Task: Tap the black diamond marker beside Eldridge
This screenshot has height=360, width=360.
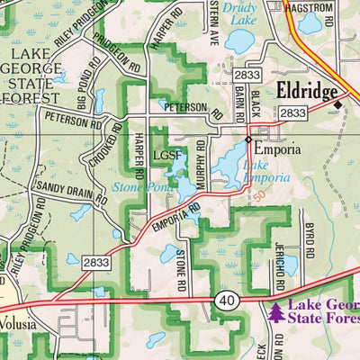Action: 337,105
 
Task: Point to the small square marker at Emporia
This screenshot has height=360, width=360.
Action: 248,140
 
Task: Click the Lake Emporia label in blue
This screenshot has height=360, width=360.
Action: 266,171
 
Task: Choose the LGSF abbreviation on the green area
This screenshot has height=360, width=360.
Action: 166,157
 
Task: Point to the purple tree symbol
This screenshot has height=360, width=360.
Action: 274,313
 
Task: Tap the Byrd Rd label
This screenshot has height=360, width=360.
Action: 308,236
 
